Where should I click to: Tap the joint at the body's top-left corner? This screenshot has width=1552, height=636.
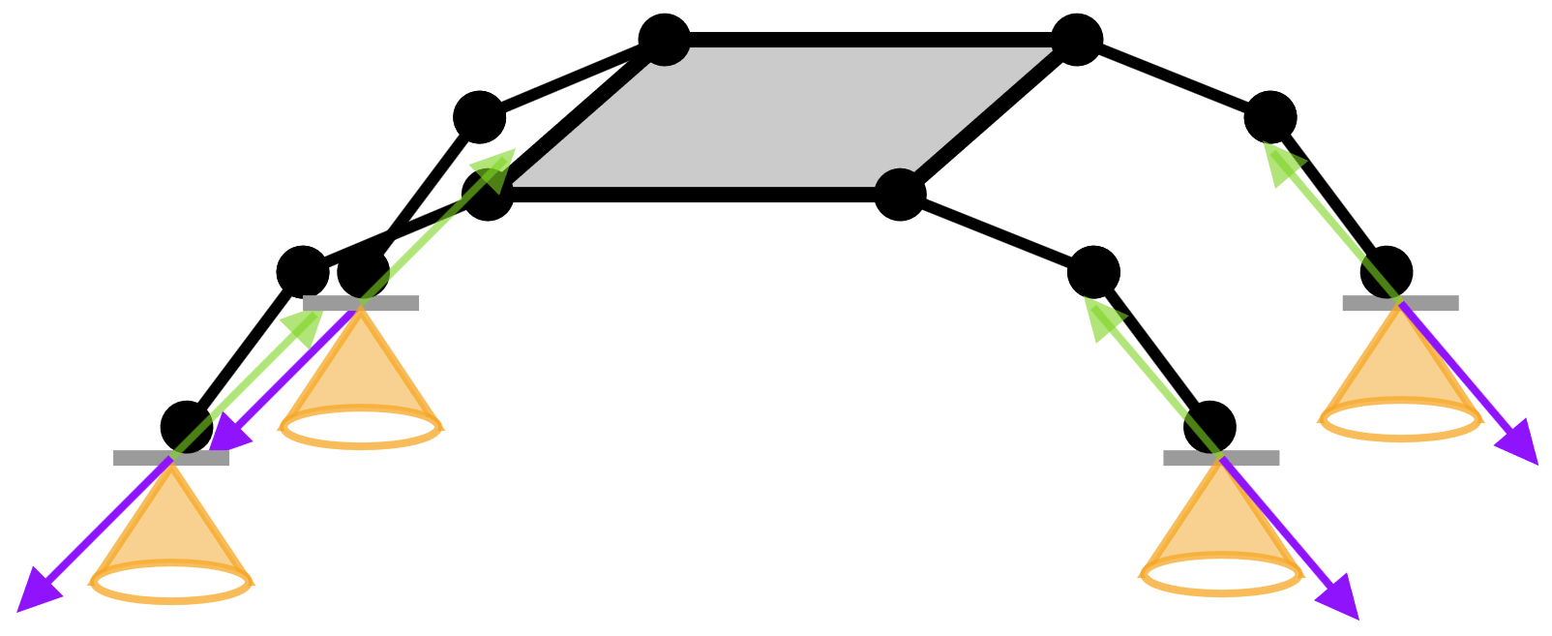pyautogui.click(x=664, y=40)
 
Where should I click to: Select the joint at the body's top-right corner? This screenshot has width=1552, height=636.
pyautogui.click(x=1077, y=40)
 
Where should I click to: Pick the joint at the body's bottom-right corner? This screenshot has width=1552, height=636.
pyautogui.click(x=900, y=195)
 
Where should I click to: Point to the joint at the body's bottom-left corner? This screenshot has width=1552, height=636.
pyautogui.click(x=487, y=195)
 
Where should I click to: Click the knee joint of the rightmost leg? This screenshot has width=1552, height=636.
pyautogui.click(x=1269, y=117)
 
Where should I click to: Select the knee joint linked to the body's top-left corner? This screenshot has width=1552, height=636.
pyautogui.click(x=479, y=117)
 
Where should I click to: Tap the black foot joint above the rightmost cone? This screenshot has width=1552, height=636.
pyautogui.click(x=1386, y=272)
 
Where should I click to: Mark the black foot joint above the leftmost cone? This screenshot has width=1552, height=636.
pyautogui.click(x=187, y=427)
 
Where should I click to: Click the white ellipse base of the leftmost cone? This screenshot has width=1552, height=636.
pyautogui.click(x=171, y=583)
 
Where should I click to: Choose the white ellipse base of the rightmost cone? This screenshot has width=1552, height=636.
pyautogui.click(x=1400, y=420)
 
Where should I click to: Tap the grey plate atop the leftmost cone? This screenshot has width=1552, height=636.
pyautogui.click(x=171, y=458)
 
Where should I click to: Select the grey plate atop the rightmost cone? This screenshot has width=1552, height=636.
pyautogui.click(x=1400, y=303)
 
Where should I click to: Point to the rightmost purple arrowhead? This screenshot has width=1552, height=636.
pyautogui.click(x=1522, y=448)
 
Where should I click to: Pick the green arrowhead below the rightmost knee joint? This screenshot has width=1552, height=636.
pyautogui.click(x=1280, y=159)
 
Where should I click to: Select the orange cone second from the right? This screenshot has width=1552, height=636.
pyautogui.click(x=1221, y=523)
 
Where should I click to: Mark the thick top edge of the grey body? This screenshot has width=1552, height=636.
pyautogui.click(x=871, y=40)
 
